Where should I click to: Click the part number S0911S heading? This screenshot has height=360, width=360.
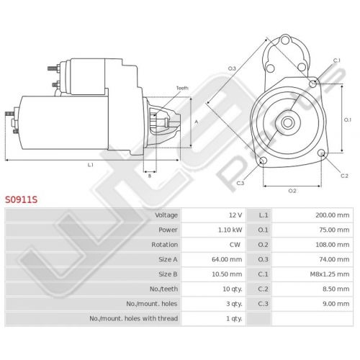(x=22, y=199)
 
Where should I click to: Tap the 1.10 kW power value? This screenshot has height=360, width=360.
(x=230, y=230)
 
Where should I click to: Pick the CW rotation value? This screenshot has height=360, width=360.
(x=235, y=245)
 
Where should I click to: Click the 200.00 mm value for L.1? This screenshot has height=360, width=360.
(x=333, y=215)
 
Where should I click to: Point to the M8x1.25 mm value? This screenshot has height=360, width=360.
(x=330, y=274)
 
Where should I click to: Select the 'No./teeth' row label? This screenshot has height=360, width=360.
(x=163, y=289)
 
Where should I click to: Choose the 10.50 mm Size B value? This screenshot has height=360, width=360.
(x=227, y=274)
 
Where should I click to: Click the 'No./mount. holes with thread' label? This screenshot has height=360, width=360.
(x=134, y=318)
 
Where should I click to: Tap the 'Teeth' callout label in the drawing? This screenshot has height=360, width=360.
(x=182, y=88)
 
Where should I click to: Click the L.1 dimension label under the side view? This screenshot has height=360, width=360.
(x=90, y=165)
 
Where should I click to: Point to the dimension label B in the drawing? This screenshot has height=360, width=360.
(x=150, y=176)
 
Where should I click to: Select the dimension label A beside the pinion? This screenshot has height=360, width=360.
(x=197, y=122)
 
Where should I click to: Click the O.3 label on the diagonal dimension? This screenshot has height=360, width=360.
(x=232, y=68)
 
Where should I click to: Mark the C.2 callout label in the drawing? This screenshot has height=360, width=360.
(x=344, y=176)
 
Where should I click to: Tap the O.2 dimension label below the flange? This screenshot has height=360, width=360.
(x=292, y=191)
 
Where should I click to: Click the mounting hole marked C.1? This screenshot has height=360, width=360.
(x=312, y=84)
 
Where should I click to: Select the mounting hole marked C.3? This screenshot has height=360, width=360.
(x=263, y=161)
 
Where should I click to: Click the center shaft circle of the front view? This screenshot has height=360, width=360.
(x=287, y=122)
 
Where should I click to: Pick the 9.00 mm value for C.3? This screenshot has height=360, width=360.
(x=336, y=304)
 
